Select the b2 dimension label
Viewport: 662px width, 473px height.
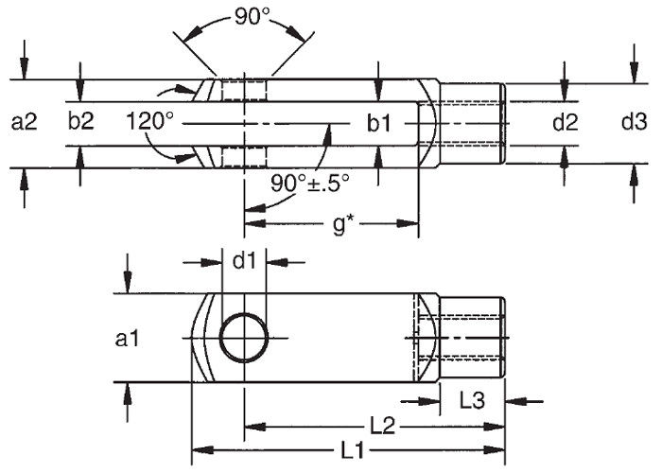[81, 122]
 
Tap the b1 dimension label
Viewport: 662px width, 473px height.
[378, 122]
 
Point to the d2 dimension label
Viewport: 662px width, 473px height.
[565, 122]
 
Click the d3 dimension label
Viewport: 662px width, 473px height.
[634, 122]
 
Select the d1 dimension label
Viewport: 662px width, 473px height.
[245, 261]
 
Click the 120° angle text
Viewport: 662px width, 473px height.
[149, 122]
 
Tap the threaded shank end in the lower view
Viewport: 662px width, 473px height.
[473, 337]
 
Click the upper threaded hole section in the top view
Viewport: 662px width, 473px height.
[245, 90]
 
